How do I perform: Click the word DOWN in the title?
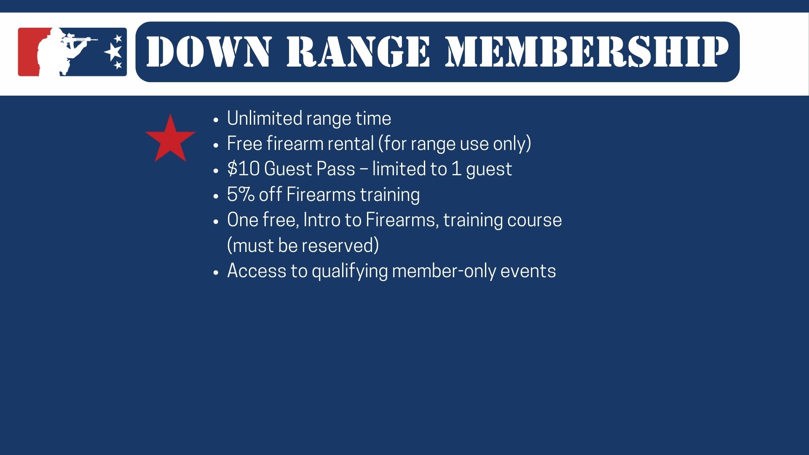(x=209, y=51)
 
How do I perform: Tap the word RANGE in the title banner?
(x=359, y=51)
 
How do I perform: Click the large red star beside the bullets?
(x=170, y=139)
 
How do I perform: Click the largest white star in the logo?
(x=113, y=52)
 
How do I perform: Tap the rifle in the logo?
(x=80, y=40)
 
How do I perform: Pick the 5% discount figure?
(x=241, y=195)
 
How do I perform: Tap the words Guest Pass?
(x=310, y=169)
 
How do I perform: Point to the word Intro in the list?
(x=321, y=220)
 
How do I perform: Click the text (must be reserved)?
(x=303, y=246)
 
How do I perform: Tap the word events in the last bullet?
(x=528, y=271)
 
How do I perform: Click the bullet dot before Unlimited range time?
(x=216, y=120)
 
